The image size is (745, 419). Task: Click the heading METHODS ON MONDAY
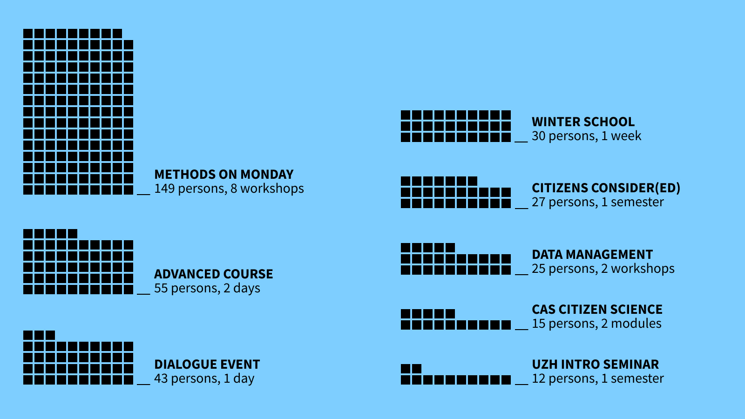(x=224, y=175)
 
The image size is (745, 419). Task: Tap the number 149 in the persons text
(x=164, y=189)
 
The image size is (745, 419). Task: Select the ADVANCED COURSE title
(x=214, y=274)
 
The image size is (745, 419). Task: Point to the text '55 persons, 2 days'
(x=207, y=288)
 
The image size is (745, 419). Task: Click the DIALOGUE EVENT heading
(x=207, y=365)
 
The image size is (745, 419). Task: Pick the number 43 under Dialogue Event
(x=161, y=378)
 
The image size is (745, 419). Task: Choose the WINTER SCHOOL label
(x=583, y=122)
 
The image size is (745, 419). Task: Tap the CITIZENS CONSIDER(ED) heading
(x=606, y=188)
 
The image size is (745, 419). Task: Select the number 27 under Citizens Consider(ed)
(x=538, y=202)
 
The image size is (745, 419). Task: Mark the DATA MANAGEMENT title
(x=592, y=255)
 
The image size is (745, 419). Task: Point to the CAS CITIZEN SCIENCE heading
(x=597, y=310)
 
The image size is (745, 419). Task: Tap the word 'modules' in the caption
(x=636, y=324)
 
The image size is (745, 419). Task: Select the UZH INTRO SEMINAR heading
(x=596, y=365)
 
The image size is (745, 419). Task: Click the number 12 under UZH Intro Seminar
(x=538, y=378)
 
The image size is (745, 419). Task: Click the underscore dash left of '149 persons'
(x=143, y=193)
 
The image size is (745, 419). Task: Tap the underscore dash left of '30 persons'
(x=521, y=141)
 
